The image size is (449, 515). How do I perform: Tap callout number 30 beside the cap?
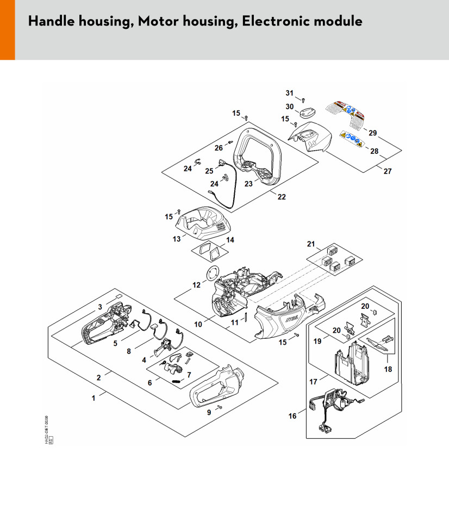[x=289, y=107]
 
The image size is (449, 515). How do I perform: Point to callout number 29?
[x=372, y=133]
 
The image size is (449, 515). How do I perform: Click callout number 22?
[x=282, y=197]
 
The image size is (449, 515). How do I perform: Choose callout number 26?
[x=219, y=147]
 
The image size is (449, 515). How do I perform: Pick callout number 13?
[x=176, y=238]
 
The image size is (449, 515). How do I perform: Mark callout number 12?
[x=196, y=285]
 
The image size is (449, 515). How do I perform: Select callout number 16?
[x=293, y=416]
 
